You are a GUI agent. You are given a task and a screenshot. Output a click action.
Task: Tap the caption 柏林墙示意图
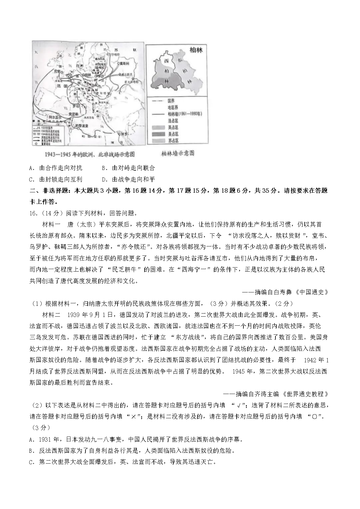[178, 153]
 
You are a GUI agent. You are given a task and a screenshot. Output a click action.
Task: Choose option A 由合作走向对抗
[56, 168]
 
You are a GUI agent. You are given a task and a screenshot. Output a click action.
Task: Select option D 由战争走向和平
[129, 179]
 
